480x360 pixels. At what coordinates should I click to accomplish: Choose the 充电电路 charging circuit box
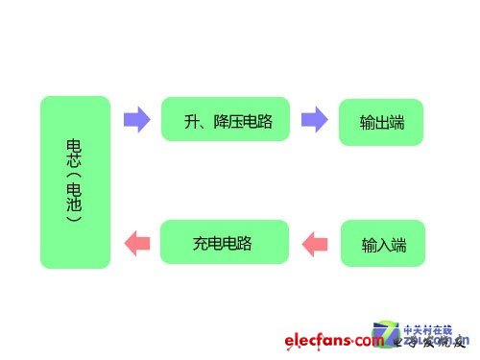(x=225, y=242)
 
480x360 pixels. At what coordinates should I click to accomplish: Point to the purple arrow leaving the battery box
(x=137, y=120)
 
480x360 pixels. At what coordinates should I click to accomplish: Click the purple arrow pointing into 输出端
(x=315, y=120)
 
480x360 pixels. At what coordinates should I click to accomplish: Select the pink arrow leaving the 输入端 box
(x=315, y=242)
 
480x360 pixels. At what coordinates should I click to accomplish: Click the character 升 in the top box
(x=191, y=121)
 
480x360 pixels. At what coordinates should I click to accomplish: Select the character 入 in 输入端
(x=383, y=245)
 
